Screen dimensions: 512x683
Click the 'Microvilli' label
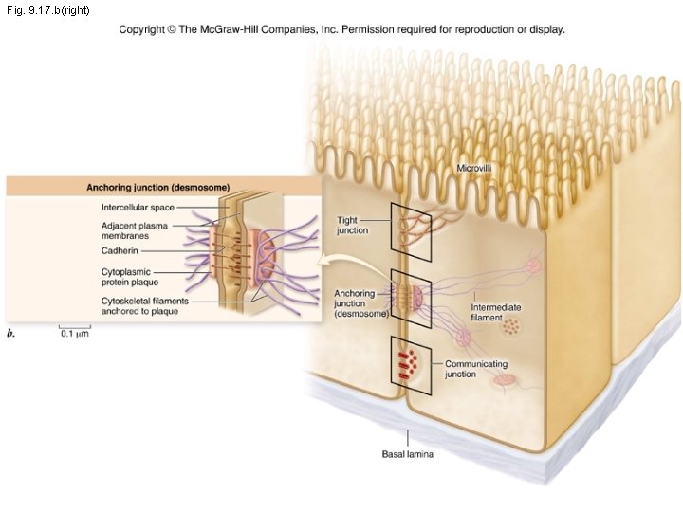pos(474,168)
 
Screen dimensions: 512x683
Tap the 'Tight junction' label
pos(352,226)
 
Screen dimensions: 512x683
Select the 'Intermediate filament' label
pos(496,313)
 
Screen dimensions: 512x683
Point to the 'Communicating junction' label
pos(476,369)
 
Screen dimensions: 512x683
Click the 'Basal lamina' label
pos(408,455)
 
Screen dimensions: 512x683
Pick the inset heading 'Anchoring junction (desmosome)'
pos(158,188)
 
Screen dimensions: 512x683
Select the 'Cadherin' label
pos(120,251)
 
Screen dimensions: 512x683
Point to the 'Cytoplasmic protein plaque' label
pos(130,276)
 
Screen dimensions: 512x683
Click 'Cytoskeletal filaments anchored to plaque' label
pos(145,306)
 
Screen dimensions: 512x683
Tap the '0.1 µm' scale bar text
pos(74,334)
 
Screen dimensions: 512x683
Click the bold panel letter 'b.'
pos(11,333)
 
